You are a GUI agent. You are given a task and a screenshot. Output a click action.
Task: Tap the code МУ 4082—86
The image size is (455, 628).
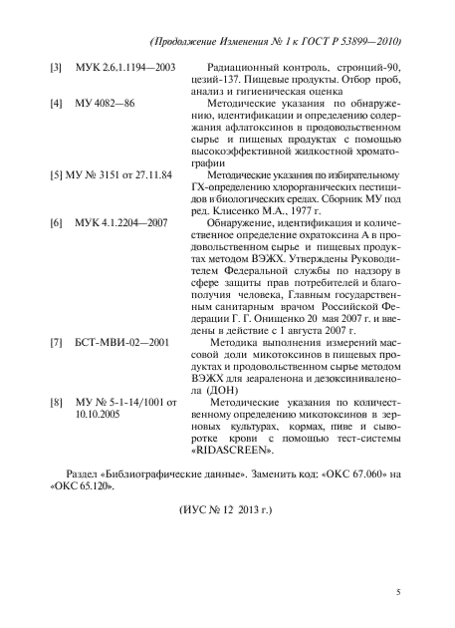click(x=112, y=103)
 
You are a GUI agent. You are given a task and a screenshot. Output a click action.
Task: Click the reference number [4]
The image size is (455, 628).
click(x=57, y=103)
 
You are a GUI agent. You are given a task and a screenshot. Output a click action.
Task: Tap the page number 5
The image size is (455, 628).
click(x=399, y=592)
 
